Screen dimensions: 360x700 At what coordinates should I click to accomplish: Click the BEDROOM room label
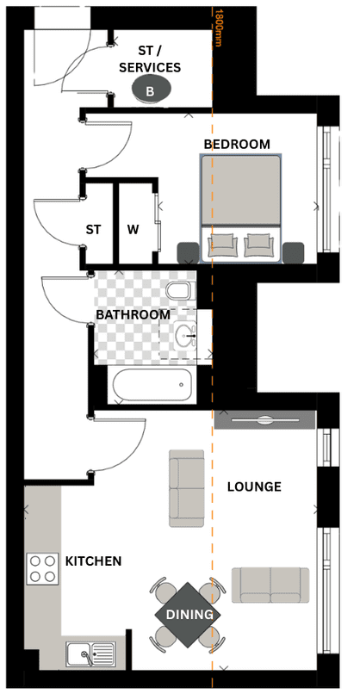click(237, 144)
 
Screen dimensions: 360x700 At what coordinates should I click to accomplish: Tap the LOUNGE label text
click(254, 486)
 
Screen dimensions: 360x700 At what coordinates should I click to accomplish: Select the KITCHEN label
click(93, 561)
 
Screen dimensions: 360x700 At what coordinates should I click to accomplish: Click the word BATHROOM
click(133, 314)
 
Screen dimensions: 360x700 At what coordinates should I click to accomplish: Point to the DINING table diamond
click(188, 615)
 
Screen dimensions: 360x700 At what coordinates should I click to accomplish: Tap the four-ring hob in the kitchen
click(42, 568)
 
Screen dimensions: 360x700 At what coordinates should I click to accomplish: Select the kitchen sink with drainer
click(90, 654)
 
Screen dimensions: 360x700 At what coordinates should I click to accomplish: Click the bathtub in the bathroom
click(152, 385)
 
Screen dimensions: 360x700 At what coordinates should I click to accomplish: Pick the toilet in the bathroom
click(181, 291)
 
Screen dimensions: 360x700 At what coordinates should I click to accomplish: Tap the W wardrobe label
click(133, 230)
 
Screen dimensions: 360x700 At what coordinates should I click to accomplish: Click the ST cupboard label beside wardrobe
click(93, 230)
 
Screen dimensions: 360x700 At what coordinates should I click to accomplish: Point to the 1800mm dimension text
click(218, 28)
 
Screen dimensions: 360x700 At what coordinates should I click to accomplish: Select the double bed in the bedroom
click(241, 208)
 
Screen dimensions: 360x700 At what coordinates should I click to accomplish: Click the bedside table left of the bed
click(188, 252)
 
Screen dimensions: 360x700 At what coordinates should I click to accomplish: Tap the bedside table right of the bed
click(294, 252)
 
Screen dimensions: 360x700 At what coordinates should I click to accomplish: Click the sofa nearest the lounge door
click(187, 488)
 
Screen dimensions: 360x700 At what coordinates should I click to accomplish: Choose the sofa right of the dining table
click(270, 585)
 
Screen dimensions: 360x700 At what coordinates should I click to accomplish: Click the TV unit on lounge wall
click(265, 420)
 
